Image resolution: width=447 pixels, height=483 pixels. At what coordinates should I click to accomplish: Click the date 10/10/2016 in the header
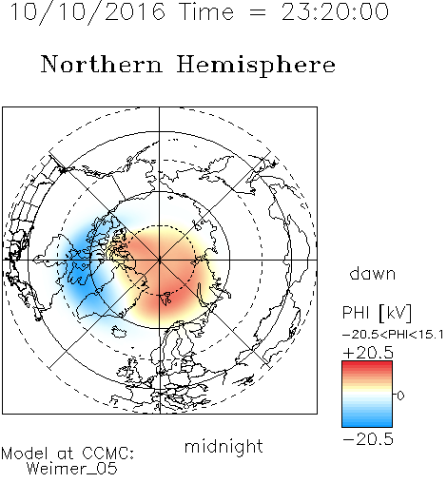pos(87,12)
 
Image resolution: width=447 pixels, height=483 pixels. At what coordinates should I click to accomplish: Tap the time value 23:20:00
pos(335,12)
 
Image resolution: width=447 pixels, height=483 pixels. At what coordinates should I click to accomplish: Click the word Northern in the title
pos(102,65)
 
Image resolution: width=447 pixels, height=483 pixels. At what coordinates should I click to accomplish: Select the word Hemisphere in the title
pos(256,66)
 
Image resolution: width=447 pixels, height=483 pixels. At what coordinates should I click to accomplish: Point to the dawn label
pos(373,273)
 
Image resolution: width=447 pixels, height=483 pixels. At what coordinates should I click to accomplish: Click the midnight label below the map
pos(223,446)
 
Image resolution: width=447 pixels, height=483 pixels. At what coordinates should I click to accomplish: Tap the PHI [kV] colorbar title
pos(377,313)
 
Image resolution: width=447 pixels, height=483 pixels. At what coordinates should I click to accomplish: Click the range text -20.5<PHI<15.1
pos(393,335)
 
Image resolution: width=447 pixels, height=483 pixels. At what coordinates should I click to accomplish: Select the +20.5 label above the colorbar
pos(368,353)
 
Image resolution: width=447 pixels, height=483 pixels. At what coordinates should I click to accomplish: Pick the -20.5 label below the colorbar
pos(368,439)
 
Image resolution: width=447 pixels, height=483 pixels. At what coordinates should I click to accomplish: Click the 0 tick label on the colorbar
pos(400,396)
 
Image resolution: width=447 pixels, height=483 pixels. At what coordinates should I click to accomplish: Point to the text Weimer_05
pos(72,469)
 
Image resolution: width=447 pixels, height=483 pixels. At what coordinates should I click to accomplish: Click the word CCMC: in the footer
pos(108,454)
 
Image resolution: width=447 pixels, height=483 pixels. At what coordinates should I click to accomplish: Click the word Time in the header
pos(206,12)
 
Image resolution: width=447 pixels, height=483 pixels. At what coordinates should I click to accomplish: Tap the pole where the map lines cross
pos(160,260)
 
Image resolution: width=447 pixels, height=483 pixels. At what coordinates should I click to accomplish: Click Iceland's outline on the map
pos(119,333)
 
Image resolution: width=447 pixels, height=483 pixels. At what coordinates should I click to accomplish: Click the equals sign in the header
pos(257,12)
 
